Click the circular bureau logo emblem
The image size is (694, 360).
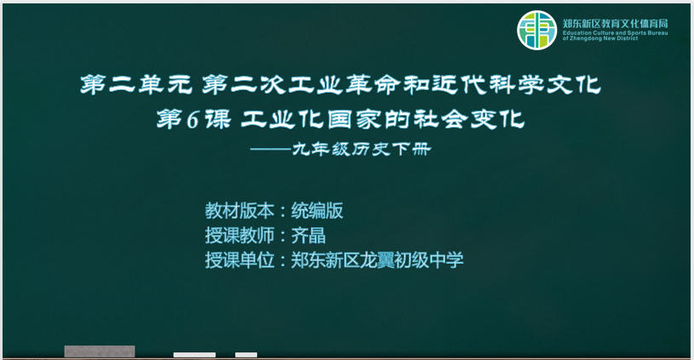tap(536, 30)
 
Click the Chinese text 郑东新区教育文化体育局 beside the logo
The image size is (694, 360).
tap(615, 24)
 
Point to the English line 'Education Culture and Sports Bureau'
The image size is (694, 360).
tap(615, 32)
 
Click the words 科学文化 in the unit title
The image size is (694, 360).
tap(545, 84)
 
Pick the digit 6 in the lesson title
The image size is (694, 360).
tap(193, 120)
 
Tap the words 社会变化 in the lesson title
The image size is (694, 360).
tap(469, 119)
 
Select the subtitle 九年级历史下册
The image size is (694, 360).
tap(361, 150)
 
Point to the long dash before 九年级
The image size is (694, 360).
tap(271, 150)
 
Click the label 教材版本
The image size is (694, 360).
tap(239, 210)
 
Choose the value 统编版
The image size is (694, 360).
tap(317, 210)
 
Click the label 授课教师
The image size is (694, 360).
tap(239, 235)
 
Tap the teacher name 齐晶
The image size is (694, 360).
tap(308, 235)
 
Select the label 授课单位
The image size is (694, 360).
tap(239, 260)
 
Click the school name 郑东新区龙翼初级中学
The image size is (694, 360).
tap(377, 260)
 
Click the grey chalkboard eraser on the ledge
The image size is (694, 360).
tap(100, 351)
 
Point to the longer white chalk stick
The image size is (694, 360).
tap(194, 355)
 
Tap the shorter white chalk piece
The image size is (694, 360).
tap(246, 355)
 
